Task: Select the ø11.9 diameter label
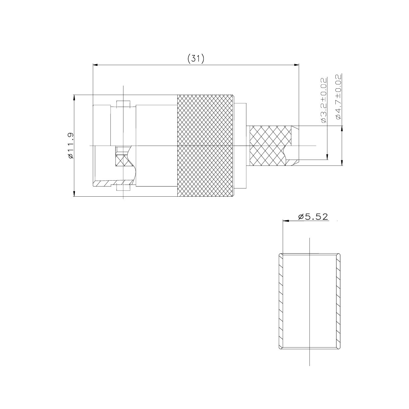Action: pos(70,146)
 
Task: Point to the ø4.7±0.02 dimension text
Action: pos(338,97)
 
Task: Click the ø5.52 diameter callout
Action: pos(313,216)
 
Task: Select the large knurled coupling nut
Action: pos(205,146)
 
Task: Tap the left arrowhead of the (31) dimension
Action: pos(96,65)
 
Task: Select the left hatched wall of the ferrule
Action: pos(281,301)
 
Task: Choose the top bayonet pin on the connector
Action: pos(123,104)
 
